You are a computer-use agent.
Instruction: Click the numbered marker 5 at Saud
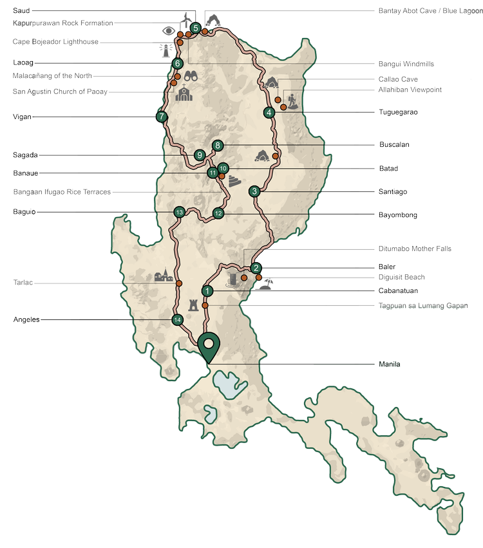pos(195,28)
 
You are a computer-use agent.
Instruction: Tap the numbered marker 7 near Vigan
pos(161,117)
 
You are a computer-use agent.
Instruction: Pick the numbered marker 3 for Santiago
pos(255,191)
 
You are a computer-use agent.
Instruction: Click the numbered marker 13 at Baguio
pos(180,213)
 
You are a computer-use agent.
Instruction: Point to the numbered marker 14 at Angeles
pos(178,319)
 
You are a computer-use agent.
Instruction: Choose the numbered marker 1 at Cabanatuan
pos(207,291)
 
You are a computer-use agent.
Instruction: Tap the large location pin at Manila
pos(209,346)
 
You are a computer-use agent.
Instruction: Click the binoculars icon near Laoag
pos(191,75)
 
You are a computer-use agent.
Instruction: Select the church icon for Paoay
pos(184,93)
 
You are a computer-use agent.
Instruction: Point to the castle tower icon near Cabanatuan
pos(193,305)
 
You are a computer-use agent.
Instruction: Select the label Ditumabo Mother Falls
pos(414,249)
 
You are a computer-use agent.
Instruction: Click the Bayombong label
pos(398,215)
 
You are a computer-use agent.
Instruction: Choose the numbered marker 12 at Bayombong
pos(218,213)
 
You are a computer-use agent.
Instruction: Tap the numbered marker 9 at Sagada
pos(200,155)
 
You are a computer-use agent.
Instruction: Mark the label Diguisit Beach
pos(402,278)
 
